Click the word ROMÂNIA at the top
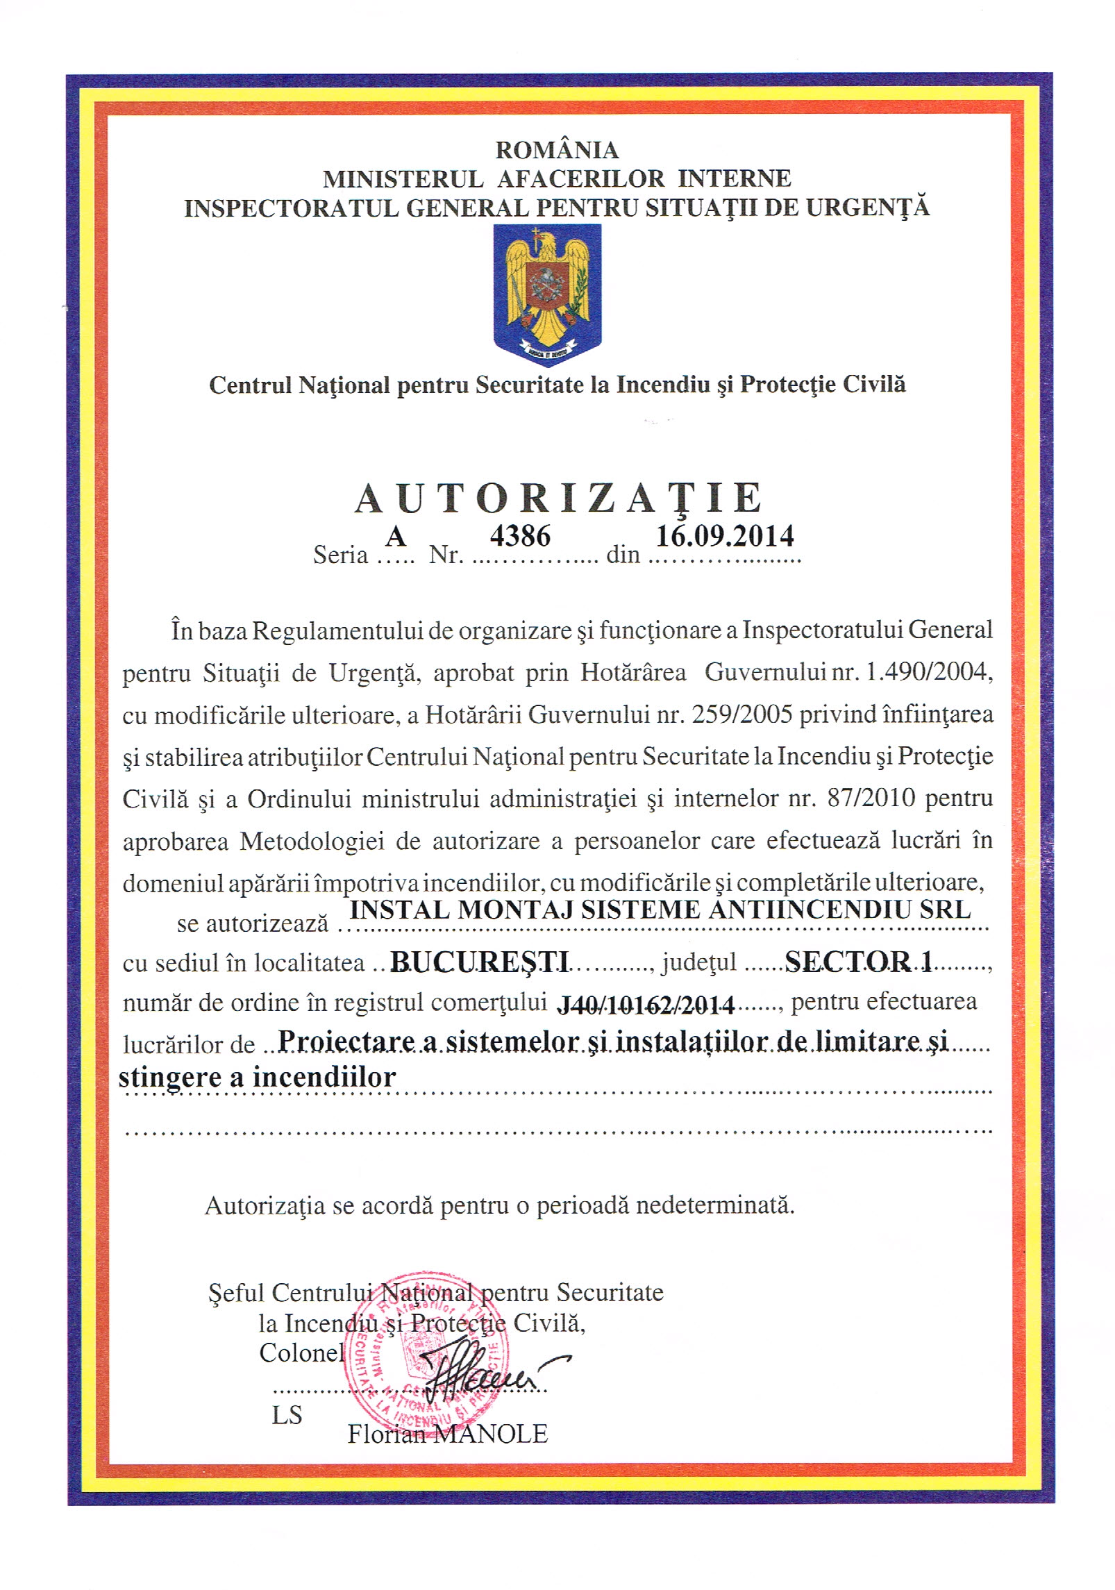(x=556, y=150)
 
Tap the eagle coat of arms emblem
(x=547, y=294)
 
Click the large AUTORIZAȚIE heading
(x=558, y=499)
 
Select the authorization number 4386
(x=520, y=536)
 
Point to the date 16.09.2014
(x=725, y=536)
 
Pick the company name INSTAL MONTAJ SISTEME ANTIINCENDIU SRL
(x=660, y=910)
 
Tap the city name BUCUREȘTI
(x=480, y=962)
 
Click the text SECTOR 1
(x=858, y=961)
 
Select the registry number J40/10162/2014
(x=646, y=1004)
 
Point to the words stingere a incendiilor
(x=257, y=1077)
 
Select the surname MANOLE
(x=491, y=1434)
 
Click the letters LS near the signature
(x=287, y=1415)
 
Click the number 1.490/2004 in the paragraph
(x=925, y=672)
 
